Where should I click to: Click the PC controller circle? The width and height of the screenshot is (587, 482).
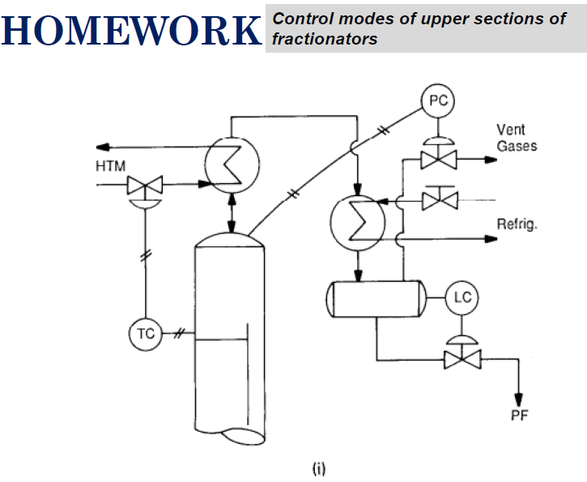click(438, 100)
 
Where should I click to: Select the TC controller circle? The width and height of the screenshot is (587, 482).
click(145, 333)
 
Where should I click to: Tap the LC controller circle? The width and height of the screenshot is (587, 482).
click(462, 297)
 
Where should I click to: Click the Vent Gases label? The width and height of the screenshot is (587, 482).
click(517, 138)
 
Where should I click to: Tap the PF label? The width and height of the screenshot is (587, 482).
click(520, 418)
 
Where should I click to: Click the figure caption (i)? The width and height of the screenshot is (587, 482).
click(319, 467)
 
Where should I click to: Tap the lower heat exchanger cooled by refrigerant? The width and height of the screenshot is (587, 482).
click(353, 219)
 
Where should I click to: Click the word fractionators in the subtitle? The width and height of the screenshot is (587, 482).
click(325, 39)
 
